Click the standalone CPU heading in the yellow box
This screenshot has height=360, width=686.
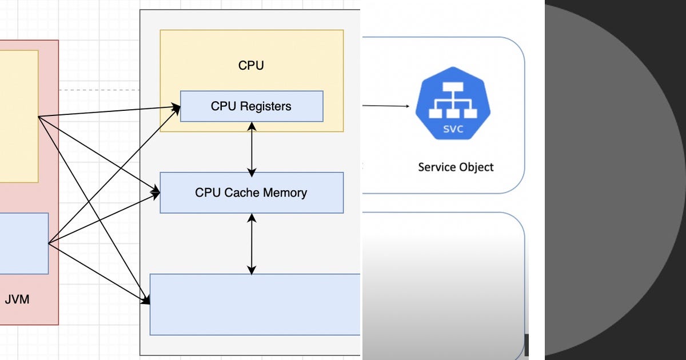tap(251, 65)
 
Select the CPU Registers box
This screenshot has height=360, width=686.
tap(252, 106)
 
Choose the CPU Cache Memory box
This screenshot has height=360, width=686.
tap(252, 193)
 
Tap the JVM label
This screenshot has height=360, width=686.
tap(17, 298)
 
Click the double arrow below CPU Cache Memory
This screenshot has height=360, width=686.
tap(252, 243)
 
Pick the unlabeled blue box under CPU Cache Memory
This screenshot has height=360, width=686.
tap(255, 304)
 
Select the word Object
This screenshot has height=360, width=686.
tap(476, 167)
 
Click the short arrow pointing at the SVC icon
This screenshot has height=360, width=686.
tap(386, 106)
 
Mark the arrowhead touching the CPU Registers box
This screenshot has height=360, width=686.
tap(176, 106)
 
